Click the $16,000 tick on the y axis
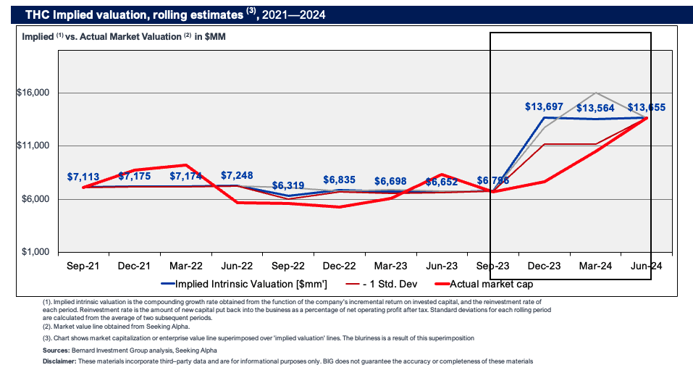pos(33,93)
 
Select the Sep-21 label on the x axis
pos(84,266)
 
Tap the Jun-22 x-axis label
pos(238,266)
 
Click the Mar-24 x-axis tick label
pos(595,266)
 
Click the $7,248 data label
pos(238,176)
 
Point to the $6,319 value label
pos(288,185)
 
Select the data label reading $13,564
pos(595,109)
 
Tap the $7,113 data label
pos(84,176)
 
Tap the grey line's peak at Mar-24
pos(595,93)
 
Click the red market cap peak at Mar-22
pos(186,165)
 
